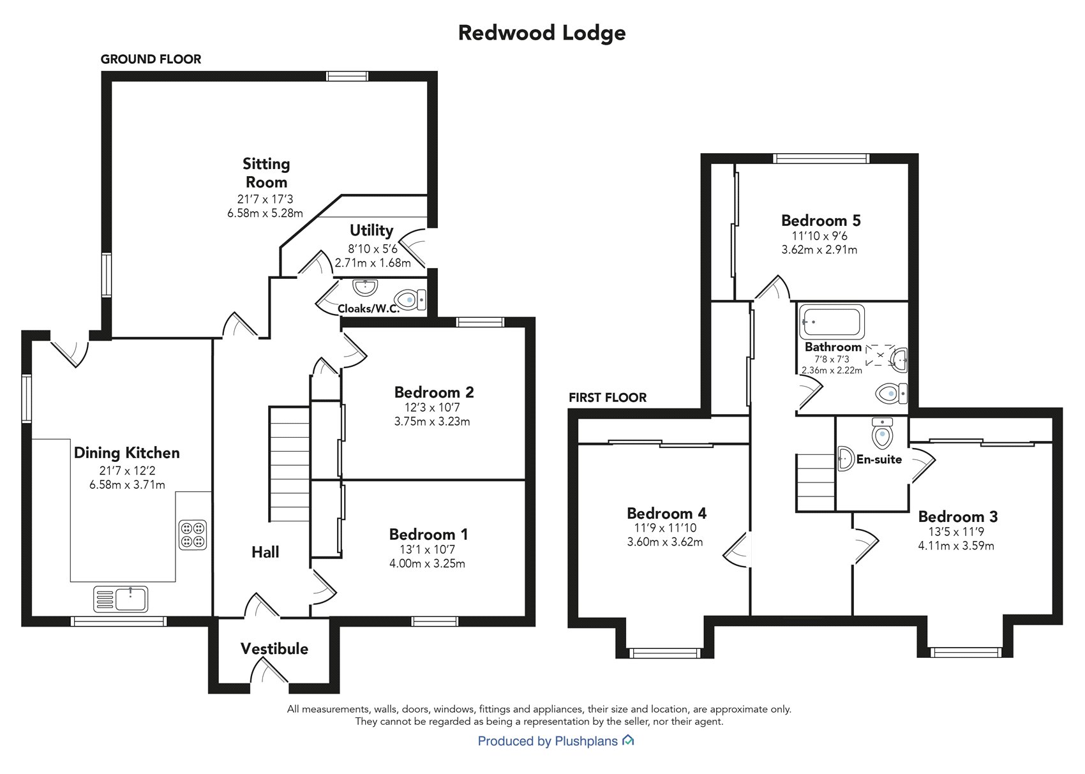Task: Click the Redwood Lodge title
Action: (542, 33)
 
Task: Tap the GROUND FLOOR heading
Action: (151, 59)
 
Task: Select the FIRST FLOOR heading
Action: (608, 398)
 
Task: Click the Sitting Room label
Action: (266, 173)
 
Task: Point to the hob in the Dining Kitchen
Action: (193, 535)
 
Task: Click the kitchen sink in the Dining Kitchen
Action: (121, 599)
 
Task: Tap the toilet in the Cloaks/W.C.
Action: (410, 299)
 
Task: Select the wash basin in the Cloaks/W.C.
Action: (366, 287)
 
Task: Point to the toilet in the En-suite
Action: (882, 435)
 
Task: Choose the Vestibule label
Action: (274, 649)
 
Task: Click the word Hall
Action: (266, 552)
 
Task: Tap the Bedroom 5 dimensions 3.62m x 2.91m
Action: (819, 250)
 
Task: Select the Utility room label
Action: (371, 230)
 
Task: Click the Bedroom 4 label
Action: (666, 514)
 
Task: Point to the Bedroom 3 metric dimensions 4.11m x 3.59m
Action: (956, 546)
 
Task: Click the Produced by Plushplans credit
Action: (548, 741)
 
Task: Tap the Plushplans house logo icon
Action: (628, 740)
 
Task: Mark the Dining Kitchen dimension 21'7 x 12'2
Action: (127, 471)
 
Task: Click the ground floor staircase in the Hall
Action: (290, 464)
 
